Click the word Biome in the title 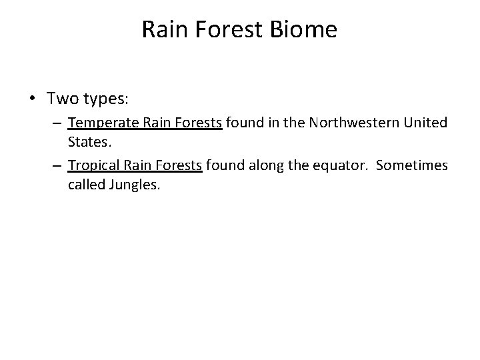[x=305, y=30]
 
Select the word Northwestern [x=359, y=123]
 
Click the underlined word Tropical [x=94, y=165]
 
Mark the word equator [x=339, y=165]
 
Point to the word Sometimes [x=411, y=165]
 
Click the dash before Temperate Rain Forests [x=59, y=123]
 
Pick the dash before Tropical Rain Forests [x=59, y=165]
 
